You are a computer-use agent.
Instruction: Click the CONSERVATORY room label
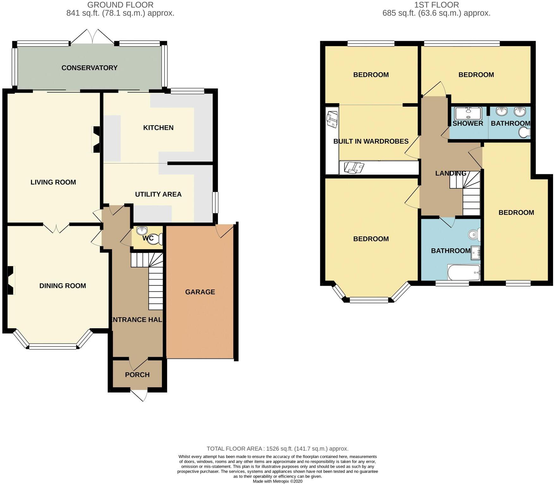click(x=89, y=68)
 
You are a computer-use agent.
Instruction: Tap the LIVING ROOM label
click(x=53, y=182)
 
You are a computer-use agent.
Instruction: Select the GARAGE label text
click(x=200, y=292)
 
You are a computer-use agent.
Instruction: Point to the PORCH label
click(x=137, y=375)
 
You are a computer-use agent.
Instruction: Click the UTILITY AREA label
click(x=158, y=194)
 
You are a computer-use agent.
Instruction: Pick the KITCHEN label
click(x=158, y=128)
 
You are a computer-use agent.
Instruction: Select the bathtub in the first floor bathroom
click(x=464, y=273)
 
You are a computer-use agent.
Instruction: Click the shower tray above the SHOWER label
click(x=468, y=113)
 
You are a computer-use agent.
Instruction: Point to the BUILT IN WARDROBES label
click(x=371, y=141)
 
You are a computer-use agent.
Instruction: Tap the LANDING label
click(x=451, y=173)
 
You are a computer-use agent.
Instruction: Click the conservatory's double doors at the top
click(x=92, y=36)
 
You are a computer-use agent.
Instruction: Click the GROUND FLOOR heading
click(x=120, y=5)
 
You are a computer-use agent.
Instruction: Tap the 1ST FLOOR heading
click(x=436, y=5)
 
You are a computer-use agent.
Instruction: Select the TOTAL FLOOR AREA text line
click(x=278, y=449)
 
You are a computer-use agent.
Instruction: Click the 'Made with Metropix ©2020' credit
click(x=278, y=481)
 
